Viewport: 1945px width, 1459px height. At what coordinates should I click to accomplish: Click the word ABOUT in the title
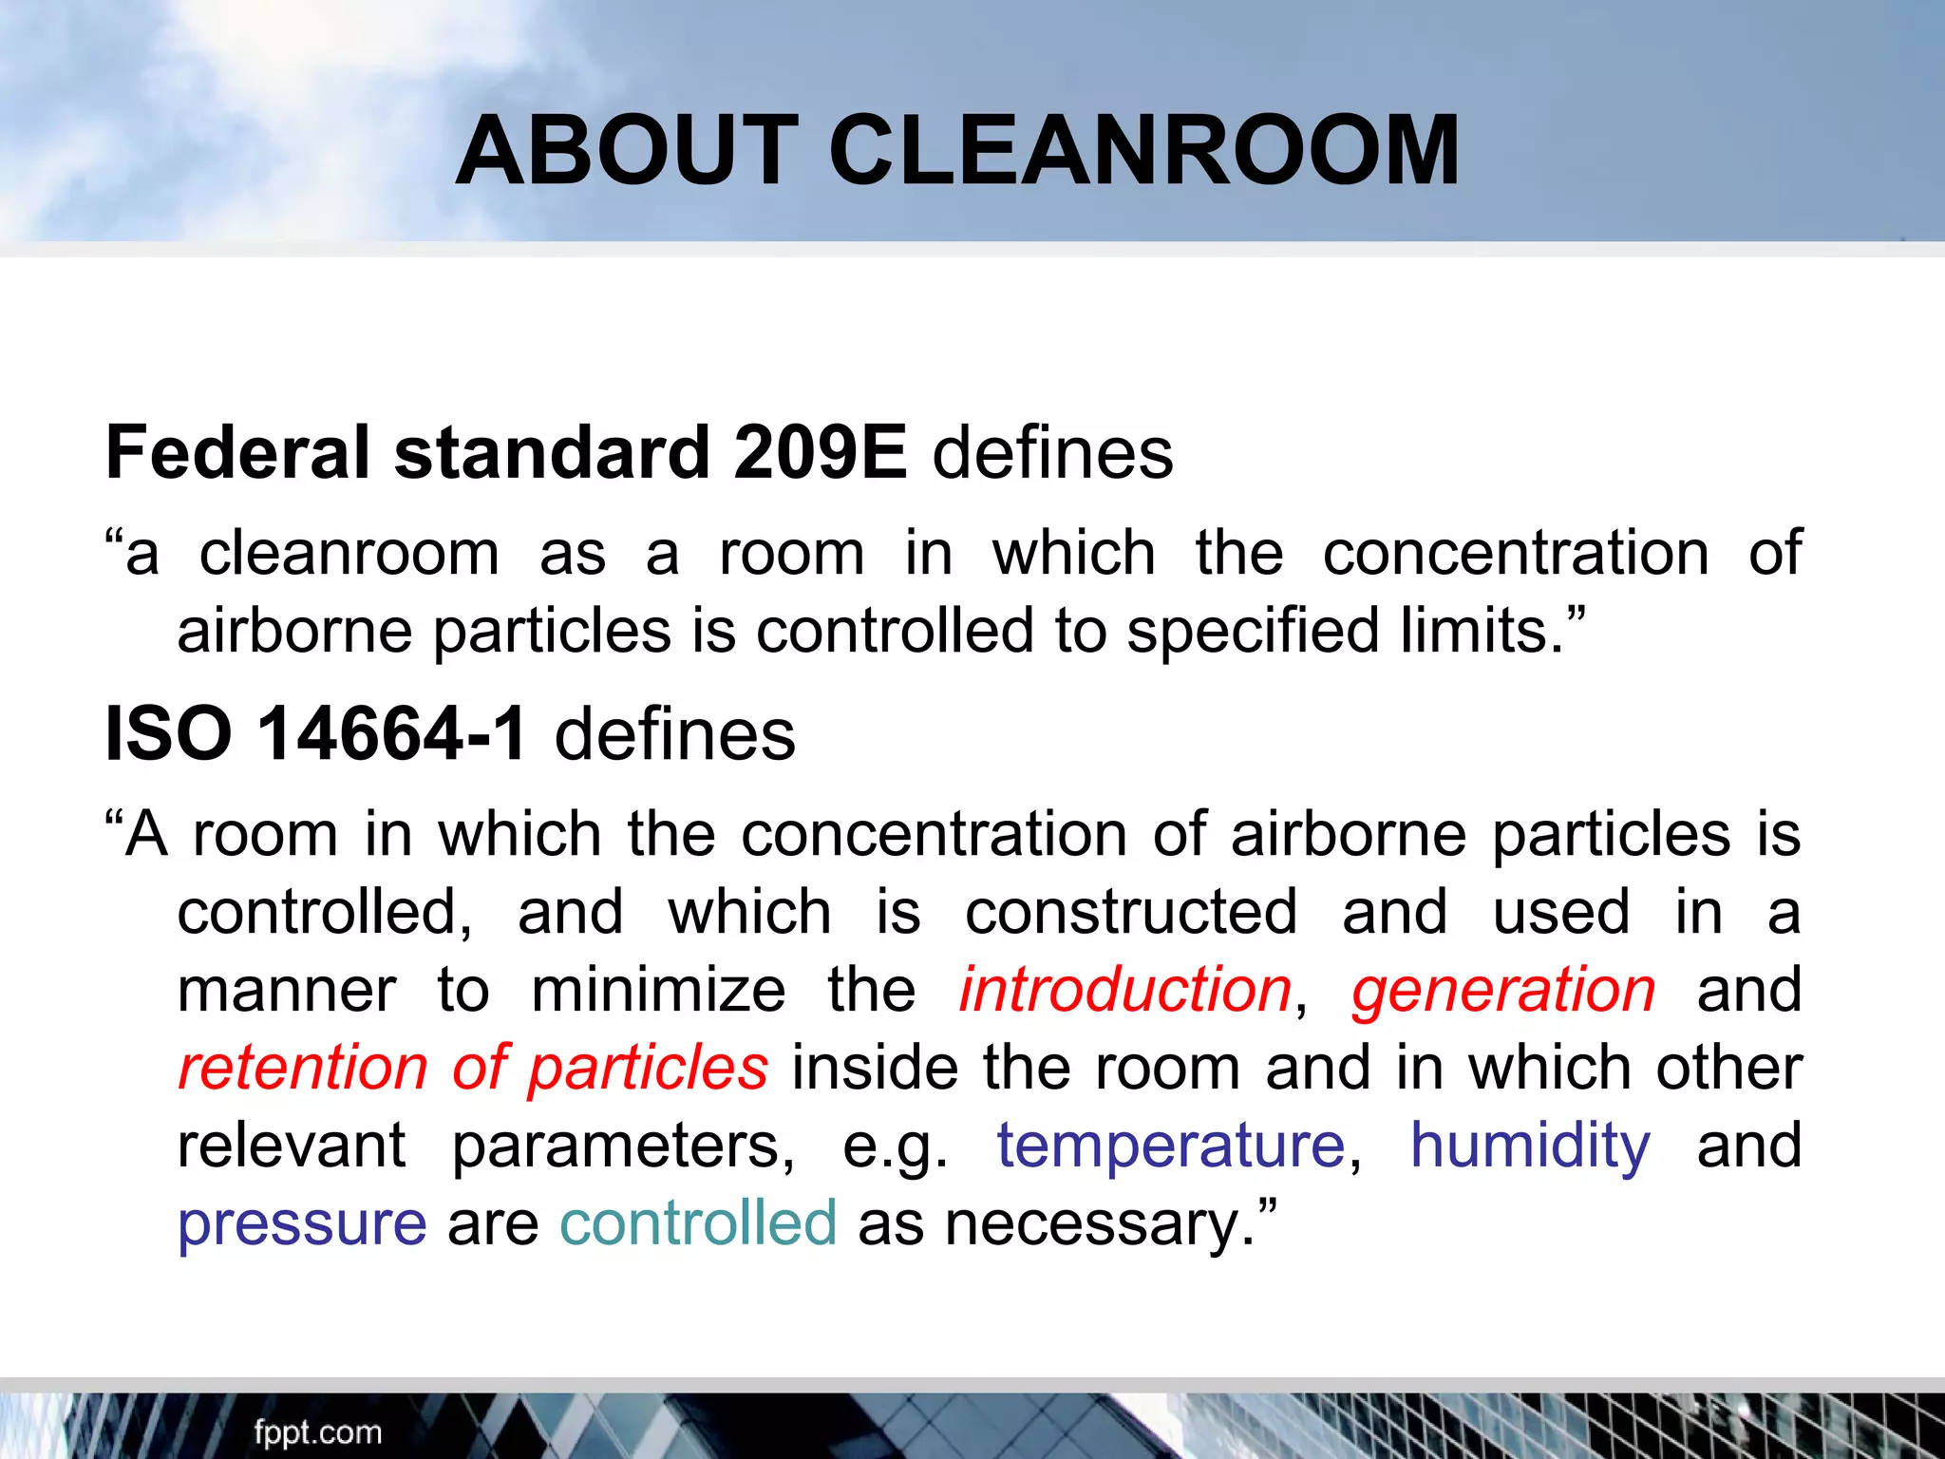[628, 150]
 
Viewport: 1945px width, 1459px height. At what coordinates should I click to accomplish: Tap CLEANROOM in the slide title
[1144, 150]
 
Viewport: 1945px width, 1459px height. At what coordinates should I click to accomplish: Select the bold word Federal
[236, 452]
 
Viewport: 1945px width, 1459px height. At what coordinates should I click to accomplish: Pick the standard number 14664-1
[392, 733]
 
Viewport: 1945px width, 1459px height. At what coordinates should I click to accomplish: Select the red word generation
[1503, 990]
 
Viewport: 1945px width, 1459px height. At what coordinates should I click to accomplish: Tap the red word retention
[303, 1068]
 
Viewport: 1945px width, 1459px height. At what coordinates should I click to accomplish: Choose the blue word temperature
[1171, 1146]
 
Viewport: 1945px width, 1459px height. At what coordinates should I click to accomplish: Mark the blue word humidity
[1530, 1146]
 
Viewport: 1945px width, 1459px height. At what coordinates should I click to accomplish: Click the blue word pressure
[302, 1223]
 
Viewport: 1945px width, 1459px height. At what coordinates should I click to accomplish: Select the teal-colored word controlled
[698, 1222]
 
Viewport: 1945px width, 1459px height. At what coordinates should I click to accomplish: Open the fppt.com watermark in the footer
[317, 1431]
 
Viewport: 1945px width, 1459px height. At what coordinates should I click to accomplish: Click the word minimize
[658, 990]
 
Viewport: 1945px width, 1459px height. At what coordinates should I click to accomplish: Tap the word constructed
[1131, 912]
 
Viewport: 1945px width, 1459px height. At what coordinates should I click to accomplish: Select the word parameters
[622, 1146]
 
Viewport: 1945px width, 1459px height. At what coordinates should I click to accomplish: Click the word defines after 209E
[1052, 452]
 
